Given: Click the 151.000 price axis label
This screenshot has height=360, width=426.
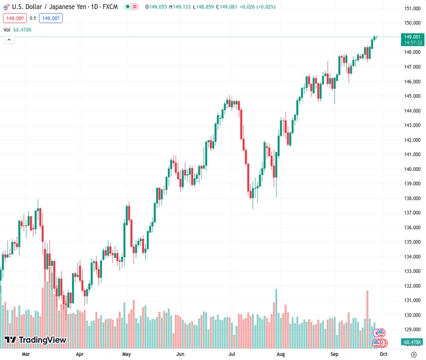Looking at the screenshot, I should coord(412,8).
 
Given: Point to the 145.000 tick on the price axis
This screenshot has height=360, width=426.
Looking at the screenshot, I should coord(412,96).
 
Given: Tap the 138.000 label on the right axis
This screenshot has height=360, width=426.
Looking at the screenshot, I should coord(412,199).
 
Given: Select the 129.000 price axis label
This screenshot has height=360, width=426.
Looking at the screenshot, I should coord(412,329).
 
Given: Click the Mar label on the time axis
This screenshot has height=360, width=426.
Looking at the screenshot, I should coord(25,355).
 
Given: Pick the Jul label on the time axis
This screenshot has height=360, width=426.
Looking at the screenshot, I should coord(231,355).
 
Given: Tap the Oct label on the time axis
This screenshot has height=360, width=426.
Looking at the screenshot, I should coord(383,355).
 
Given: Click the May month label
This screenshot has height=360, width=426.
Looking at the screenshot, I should coord(126,355).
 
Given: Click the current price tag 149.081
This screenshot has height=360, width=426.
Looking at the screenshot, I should coord(412,37).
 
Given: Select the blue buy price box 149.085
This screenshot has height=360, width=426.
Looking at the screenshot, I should coord(50,18).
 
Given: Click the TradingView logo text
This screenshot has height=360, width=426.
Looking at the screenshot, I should coord(42,340).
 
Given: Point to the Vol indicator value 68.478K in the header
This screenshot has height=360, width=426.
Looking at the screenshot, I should coord(22,29).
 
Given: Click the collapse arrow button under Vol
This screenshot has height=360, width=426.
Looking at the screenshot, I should coord(8,40).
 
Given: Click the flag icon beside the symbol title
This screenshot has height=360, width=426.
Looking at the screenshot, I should coord(6,6).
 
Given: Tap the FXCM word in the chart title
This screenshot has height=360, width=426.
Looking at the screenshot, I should coord(110,6).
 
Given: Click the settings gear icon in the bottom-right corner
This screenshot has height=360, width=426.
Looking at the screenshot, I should coord(413,355).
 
